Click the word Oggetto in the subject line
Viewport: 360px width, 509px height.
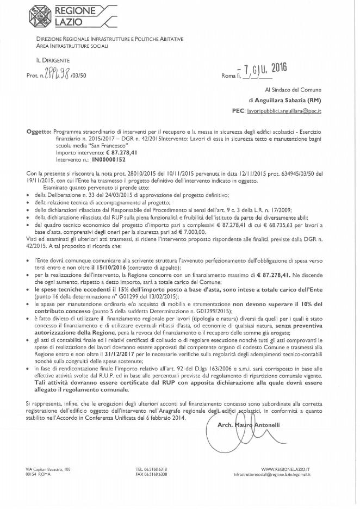click(38, 132)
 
